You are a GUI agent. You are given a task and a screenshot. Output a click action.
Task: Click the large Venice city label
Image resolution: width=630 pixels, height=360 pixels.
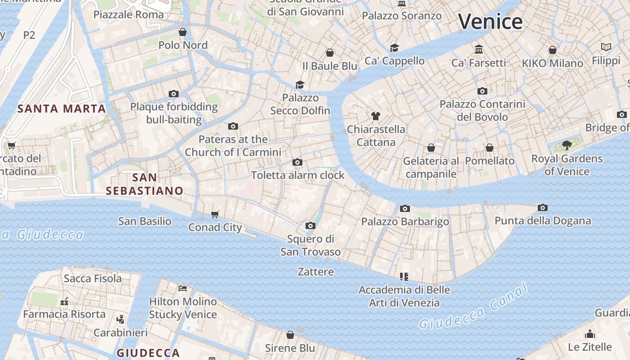coord(490,21)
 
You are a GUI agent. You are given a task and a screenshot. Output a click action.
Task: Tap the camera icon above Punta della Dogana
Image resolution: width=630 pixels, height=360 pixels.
coord(543,207)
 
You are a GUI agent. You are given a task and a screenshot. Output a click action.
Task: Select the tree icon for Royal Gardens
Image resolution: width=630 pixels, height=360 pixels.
coord(567,145)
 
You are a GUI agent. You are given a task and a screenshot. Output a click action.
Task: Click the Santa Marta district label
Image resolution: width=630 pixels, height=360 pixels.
coord(62,108)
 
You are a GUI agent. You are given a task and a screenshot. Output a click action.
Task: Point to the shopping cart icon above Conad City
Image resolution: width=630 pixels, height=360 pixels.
coord(215,214)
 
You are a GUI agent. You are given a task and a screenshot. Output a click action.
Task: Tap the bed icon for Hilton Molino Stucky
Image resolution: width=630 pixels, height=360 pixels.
coord(183,288)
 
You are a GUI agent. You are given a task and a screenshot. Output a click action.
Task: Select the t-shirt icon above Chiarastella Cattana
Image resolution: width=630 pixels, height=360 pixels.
coord(376,116)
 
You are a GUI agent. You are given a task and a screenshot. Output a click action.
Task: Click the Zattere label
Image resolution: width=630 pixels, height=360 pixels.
coord(316,272)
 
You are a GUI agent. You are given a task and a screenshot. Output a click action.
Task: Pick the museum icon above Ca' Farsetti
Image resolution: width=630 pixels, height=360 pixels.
coord(479,49)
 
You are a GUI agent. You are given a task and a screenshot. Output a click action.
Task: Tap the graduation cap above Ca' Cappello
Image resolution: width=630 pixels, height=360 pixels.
coord(394,48)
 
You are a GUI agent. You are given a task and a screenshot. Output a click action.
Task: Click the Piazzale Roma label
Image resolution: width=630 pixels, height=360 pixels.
coord(129,14)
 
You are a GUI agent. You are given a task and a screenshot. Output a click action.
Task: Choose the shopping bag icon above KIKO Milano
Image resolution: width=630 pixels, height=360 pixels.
coord(552,50)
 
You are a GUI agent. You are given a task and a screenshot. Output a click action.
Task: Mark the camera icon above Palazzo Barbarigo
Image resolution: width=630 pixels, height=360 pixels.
coord(405,208)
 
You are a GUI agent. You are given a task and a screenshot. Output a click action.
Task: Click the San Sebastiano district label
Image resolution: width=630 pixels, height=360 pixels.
coord(144,184)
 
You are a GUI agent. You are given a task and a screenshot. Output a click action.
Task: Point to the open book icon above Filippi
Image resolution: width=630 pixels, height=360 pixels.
coord(606,47)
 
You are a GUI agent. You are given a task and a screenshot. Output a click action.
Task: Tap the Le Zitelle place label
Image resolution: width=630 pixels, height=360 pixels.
coord(589,347)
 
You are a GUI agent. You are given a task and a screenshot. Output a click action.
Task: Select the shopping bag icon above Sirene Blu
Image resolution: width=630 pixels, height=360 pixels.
coord(290,335)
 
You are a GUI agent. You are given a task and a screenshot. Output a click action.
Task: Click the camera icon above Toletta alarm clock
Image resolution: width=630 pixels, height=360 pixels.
coord(297,162)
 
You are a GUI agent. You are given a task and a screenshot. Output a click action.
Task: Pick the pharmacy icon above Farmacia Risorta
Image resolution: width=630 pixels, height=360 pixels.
coord(64,301)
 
